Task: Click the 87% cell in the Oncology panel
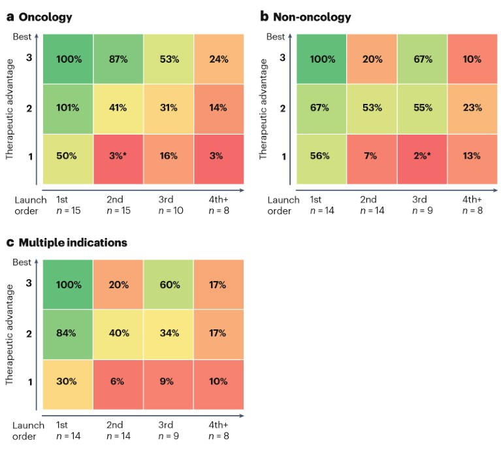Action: [x=119, y=59]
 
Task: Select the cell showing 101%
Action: [x=68, y=108]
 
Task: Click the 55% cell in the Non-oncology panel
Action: [x=422, y=108]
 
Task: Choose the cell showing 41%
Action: [x=119, y=108]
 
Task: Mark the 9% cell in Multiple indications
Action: [x=169, y=382]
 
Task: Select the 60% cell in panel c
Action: [x=169, y=285]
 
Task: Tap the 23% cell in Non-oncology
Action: [x=472, y=108]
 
